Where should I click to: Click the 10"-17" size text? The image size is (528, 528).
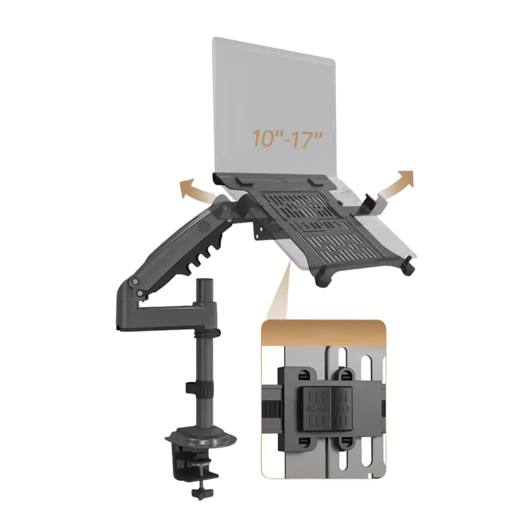coord(287,138)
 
